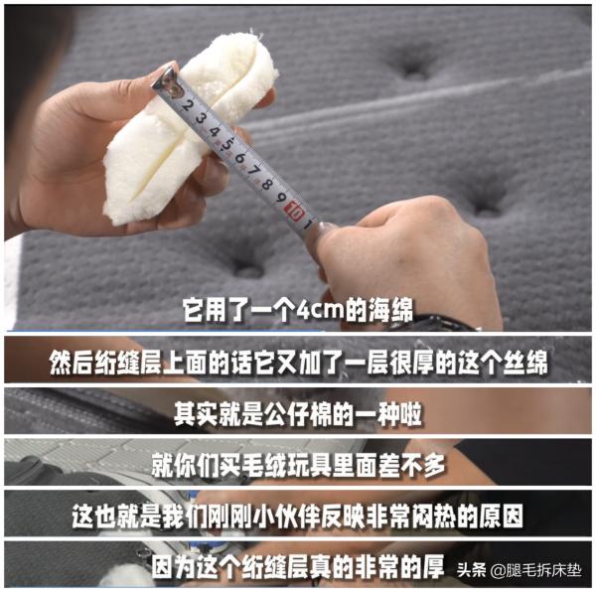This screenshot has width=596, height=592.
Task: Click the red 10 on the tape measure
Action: pyautogui.click(x=294, y=211)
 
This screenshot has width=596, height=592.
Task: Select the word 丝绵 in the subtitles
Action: pyautogui.click(x=524, y=363)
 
